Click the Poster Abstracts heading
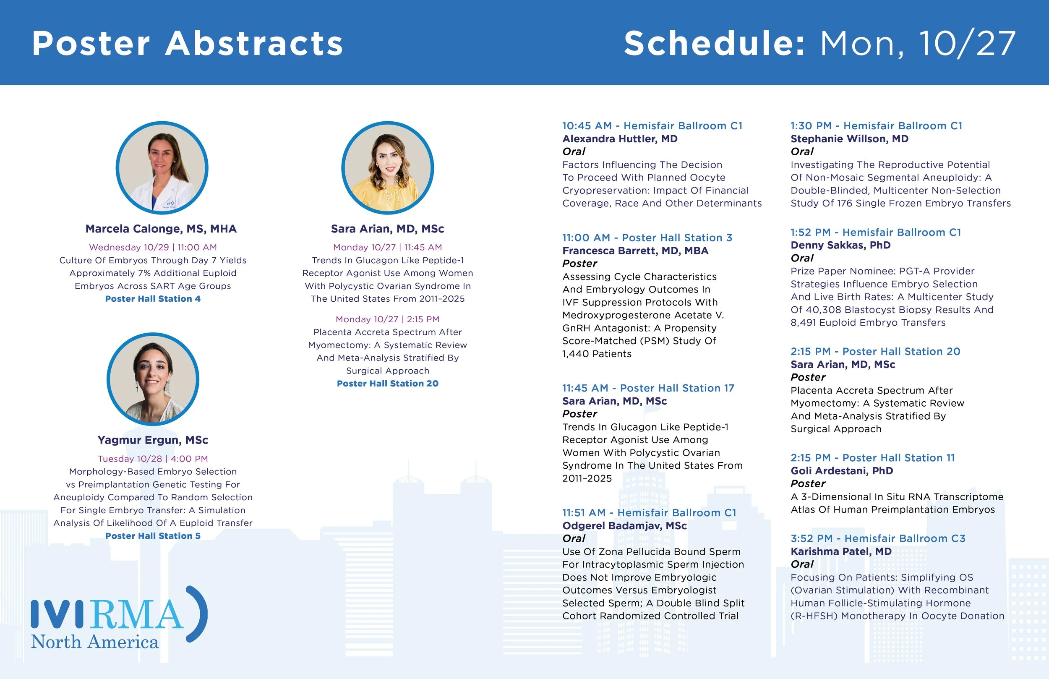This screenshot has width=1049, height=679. coord(187,43)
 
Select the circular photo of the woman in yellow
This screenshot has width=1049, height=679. coord(387,168)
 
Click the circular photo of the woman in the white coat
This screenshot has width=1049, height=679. coord(162,168)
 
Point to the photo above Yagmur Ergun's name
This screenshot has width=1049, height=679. coord(153,379)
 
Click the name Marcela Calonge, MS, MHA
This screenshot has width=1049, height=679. coord(161,229)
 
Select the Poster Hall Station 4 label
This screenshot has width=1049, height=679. coord(152,299)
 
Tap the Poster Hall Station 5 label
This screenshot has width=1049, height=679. coord(152,536)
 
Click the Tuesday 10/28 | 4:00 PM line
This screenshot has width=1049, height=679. coord(152,459)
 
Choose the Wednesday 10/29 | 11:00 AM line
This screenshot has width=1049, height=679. coord(152,247)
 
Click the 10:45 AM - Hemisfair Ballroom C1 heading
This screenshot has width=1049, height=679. coord(652,126)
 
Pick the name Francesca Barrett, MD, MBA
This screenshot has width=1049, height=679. coord(635,251)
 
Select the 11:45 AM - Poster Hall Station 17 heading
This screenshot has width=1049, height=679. coord(648,389)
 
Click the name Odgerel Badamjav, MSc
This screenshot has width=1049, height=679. coord(624,526)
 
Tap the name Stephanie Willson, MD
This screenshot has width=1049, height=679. coord(849,139)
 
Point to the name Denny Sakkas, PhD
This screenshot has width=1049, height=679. coord(840,245)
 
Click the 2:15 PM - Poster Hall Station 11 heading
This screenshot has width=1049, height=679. coord(872,458)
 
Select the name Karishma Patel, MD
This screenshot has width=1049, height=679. coord(840,551)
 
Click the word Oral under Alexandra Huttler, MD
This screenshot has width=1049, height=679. coord(574,151)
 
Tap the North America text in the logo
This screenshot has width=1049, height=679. coord(94,642)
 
